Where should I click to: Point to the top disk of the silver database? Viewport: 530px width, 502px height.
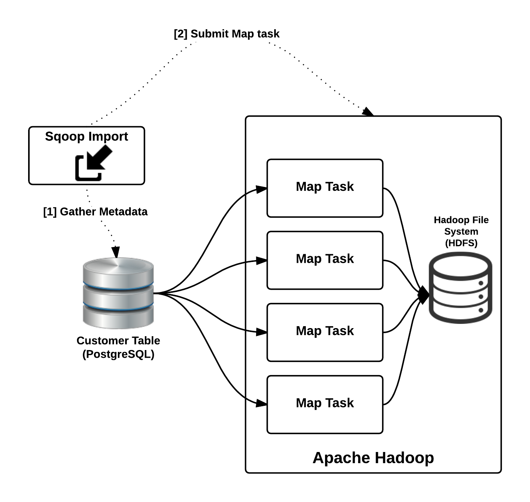118,270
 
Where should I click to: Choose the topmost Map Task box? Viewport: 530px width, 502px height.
325,188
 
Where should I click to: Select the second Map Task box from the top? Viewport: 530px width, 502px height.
325,260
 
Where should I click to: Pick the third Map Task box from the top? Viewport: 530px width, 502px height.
325,332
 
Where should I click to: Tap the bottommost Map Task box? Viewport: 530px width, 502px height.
325,404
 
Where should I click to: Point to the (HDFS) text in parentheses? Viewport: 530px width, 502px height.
461,243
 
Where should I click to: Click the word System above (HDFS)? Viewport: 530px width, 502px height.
461,232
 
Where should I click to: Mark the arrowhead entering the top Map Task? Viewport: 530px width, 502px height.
262,189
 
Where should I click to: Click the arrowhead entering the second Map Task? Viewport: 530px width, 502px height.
262,261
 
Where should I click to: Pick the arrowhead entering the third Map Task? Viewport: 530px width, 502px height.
262,332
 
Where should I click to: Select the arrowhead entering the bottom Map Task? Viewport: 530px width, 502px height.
262,403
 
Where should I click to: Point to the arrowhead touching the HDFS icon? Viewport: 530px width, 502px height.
424,295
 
